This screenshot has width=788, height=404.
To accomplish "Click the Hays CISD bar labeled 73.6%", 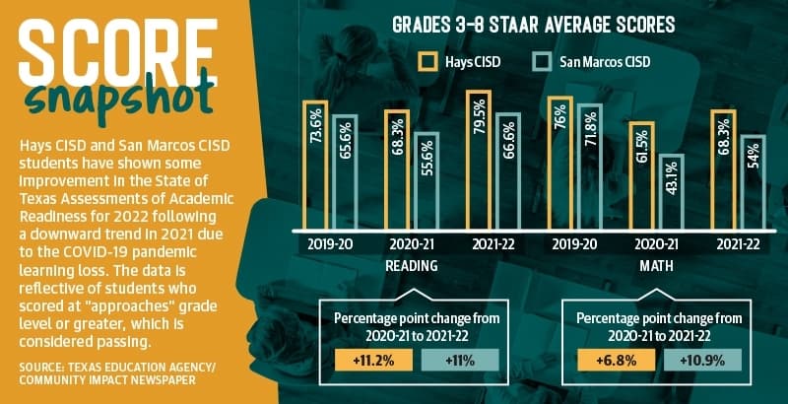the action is (315, 166).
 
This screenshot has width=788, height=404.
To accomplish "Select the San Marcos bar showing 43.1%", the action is (672, 192).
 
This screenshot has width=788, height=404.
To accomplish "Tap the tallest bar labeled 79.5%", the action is (478, 161).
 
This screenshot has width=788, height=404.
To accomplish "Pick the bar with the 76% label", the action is (559, 164).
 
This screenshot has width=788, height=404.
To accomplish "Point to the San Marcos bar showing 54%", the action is (753, 183).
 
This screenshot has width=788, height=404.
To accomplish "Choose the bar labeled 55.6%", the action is (427, 181).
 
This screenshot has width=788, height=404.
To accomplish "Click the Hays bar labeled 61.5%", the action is (642, 175).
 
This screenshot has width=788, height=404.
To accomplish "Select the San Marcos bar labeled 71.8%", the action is (589, 168).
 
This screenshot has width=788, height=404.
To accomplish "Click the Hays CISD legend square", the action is (427, 62).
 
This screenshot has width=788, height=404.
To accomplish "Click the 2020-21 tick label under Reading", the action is (412, 244).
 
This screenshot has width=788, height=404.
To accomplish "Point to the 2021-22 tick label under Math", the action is (738, 244).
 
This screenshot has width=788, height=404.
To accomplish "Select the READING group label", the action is (412, 266).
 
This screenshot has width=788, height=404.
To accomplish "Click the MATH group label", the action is (656, 266).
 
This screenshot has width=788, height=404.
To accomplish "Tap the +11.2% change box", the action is (374, 361).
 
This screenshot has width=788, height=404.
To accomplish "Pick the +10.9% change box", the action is (702, 361).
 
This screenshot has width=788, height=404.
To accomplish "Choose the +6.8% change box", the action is (617, 361).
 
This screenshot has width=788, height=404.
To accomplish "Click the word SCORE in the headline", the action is (118, 53).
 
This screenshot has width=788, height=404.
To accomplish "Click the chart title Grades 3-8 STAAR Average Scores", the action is (533, 25).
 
